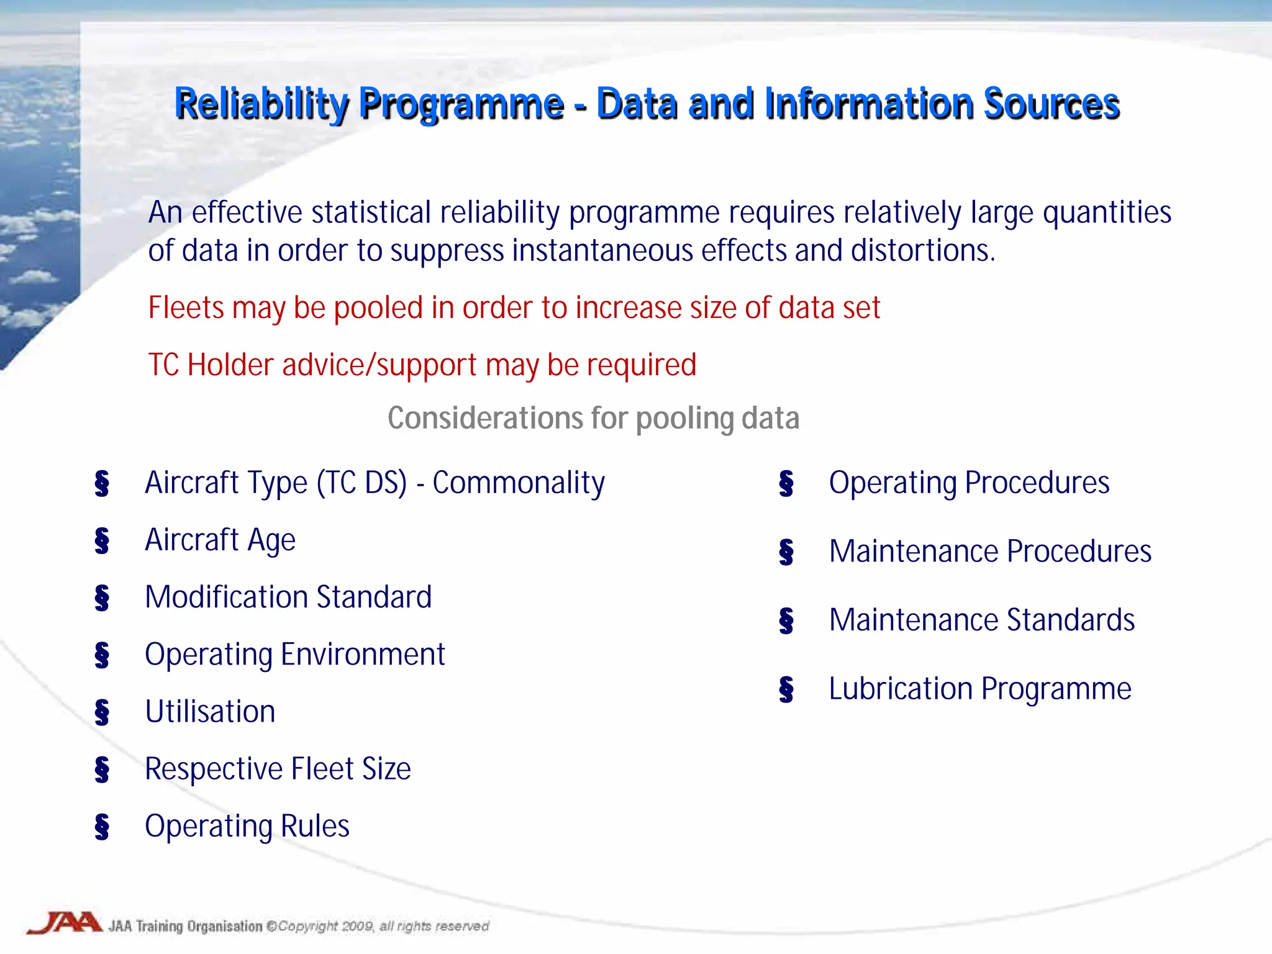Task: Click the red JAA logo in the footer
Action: pos(65,923)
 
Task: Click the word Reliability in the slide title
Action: pos(261,104)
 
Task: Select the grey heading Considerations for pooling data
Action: pos(593,418)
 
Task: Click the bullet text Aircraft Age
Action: pos(220,540)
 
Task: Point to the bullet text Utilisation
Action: pos(210,712)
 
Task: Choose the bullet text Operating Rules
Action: pos(247,826)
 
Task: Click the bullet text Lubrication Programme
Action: pos(980,689)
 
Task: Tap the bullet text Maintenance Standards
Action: pos(982,620)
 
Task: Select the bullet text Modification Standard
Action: pos(288,597)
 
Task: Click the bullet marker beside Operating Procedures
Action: pos(786,483)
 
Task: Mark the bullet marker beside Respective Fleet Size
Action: pos(102,769)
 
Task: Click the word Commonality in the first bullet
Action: pos(519,483)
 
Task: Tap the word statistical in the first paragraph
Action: pos(371,212)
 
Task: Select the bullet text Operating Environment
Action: pos(295,655)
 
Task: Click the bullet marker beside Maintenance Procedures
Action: pos(786,552)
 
